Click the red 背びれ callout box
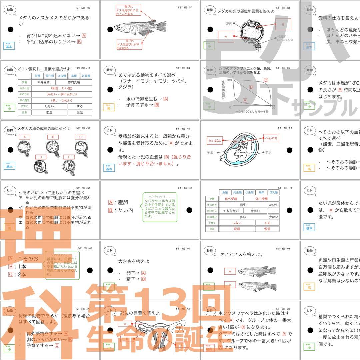[x=128, y=10]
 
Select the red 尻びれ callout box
[x=129, y=44]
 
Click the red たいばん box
[x=214, y=140]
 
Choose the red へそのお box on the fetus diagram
[x=271, y=138]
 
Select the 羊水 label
[x=269, y=152]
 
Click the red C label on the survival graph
[x=266, y=80]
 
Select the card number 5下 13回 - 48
[x=184, y=129]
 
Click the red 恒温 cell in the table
[x=267, y=229]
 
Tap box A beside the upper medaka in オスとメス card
[x=230, y=271]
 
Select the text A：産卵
[x=118, y=202]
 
